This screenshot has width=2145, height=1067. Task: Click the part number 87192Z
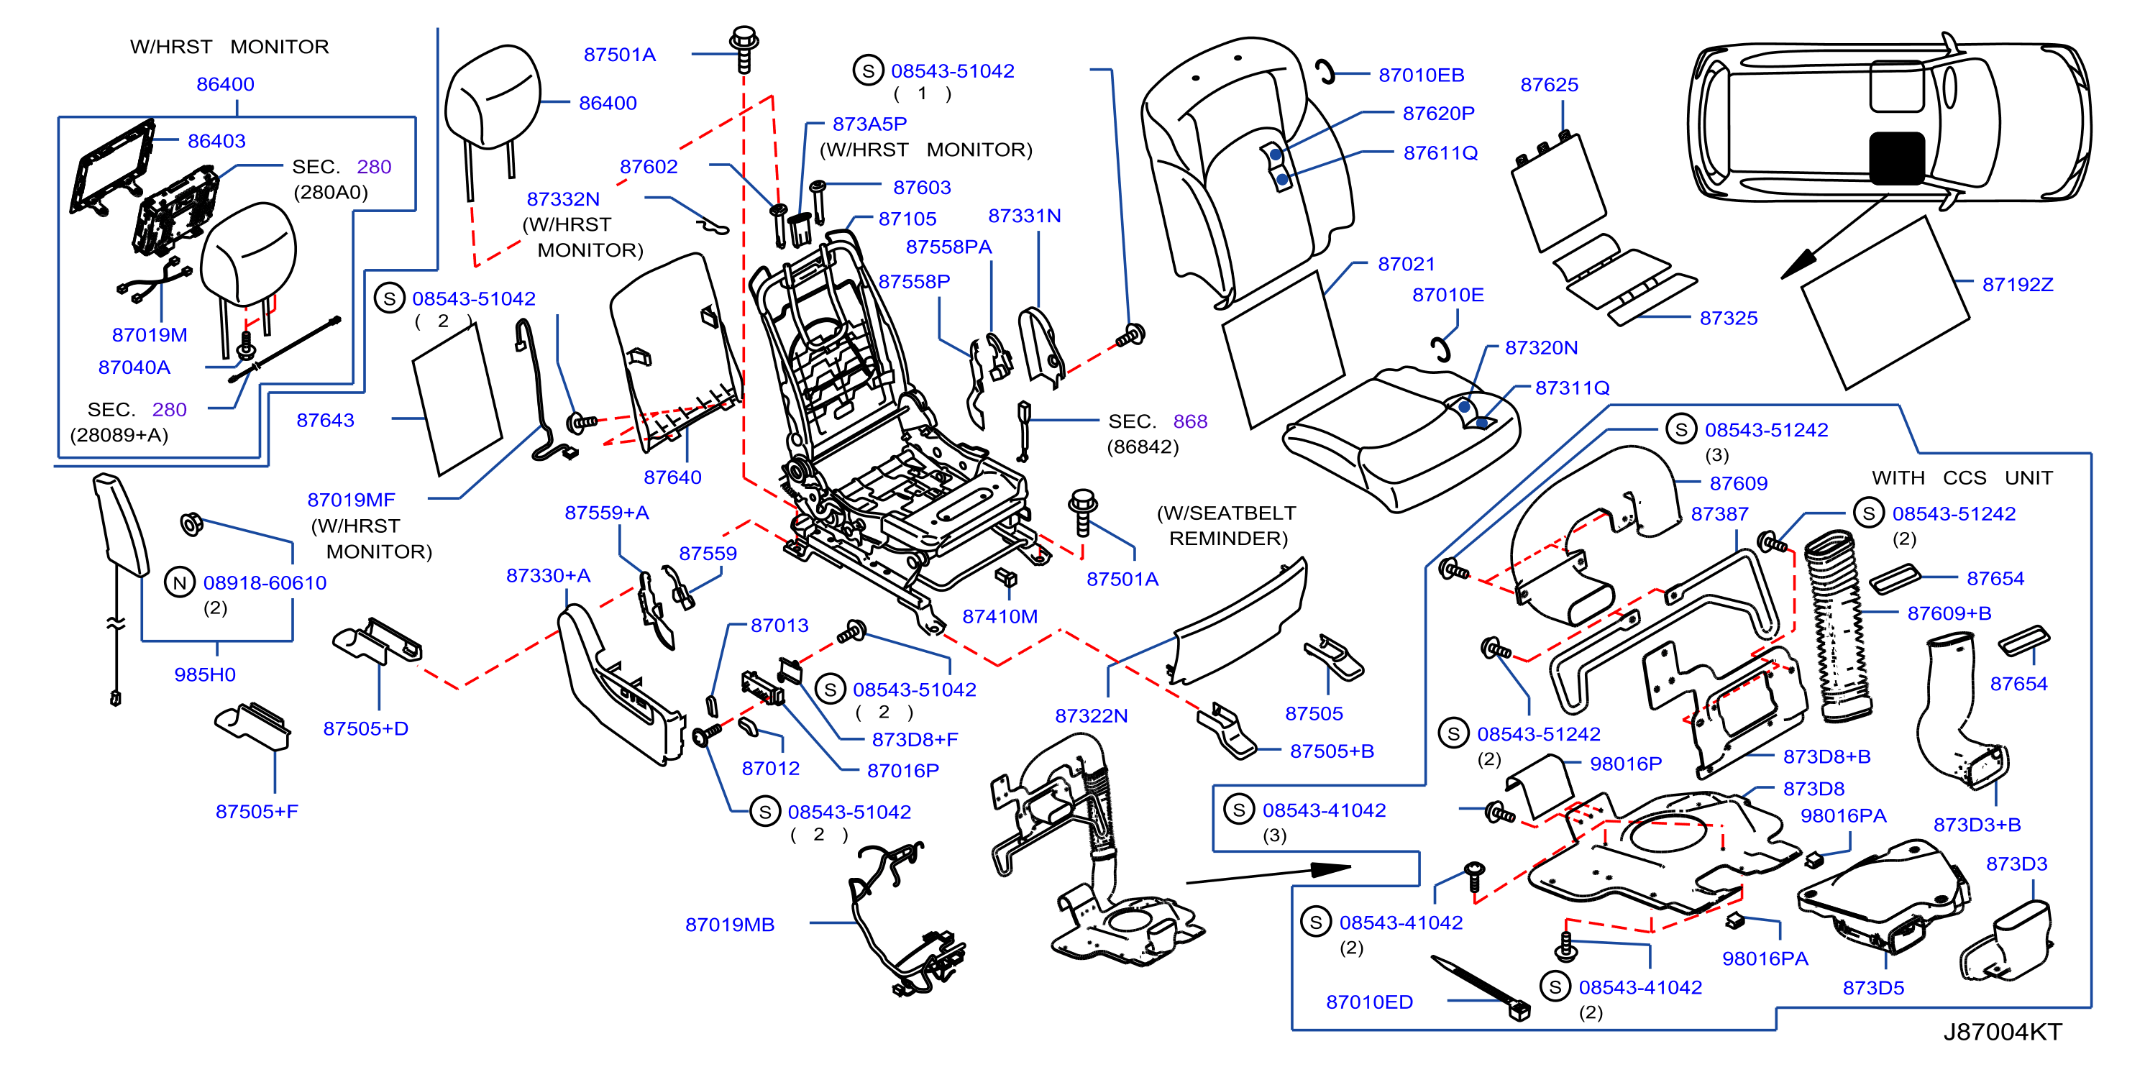coord(2017,285)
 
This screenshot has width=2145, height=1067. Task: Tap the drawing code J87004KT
coord(2002,1032)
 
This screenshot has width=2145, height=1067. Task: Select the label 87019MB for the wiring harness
coord(729,925)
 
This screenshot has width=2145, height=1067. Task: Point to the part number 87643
coord(325,421)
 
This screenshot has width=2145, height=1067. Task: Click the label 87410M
coord(1000,617)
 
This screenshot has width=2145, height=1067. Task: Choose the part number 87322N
coord(1091,716)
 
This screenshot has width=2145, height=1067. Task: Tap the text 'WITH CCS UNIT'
coord(1961,477)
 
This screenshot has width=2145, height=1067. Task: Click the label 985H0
coord(205,674)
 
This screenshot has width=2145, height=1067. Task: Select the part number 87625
coord(1549,85)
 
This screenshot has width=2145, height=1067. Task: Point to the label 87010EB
coord(1421,75)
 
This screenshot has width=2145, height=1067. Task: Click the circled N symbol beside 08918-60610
coord(180,582)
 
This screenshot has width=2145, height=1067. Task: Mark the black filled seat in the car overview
coord(1897,157)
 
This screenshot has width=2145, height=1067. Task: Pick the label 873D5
coord(1872,988)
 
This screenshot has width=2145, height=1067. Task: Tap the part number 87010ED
coord(1369,1002)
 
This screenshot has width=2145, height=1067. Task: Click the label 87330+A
coord(548,575)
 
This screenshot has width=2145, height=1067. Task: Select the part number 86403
coord(216,141)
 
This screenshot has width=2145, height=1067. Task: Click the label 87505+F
coord(257,812)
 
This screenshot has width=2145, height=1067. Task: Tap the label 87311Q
coord(1572,388)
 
